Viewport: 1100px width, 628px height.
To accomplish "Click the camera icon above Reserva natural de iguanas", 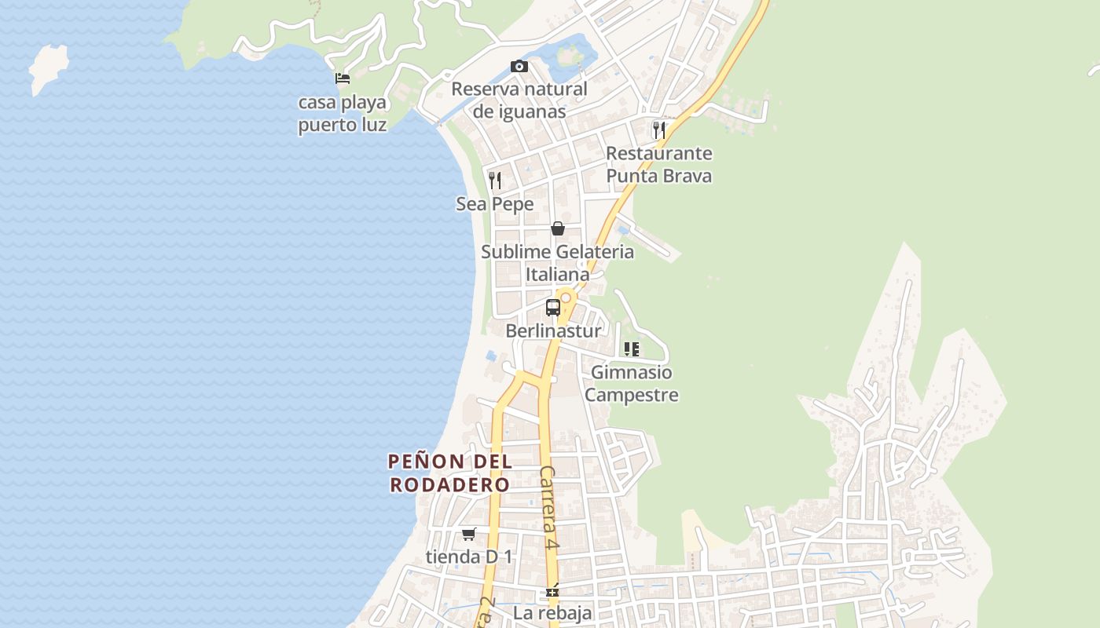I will pos(519,67).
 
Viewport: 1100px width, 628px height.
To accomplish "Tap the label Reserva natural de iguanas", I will pos(519,100).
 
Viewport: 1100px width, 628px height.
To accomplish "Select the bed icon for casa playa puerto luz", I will pos(343,78).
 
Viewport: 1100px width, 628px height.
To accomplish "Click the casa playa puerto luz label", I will pos(343,113).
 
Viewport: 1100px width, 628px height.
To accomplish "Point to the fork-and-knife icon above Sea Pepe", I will pos(495,181).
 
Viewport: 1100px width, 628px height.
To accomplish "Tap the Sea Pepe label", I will pos(495,204).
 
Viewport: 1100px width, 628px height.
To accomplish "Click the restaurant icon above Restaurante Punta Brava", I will pos(659,130).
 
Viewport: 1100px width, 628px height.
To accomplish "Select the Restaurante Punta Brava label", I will pos(659,164).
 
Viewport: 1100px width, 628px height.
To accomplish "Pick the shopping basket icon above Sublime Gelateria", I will pos(558,228).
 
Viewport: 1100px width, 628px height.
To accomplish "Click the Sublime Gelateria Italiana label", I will pos(557,263).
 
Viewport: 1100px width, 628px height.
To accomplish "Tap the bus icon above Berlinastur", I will pos(553,307).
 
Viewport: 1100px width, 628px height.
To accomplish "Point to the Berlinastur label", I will pos(553,330).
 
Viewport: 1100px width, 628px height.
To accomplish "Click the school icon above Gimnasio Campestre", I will pos(632,349).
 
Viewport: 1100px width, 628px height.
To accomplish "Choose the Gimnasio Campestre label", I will pos(632,383).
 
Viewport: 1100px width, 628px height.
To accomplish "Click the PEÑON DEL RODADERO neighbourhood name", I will pos(450,473).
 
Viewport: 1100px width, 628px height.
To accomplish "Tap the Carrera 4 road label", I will pos(549,508).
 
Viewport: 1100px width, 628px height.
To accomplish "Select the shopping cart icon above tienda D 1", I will pos(469,534).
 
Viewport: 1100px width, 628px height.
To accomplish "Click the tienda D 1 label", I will pos(469,557).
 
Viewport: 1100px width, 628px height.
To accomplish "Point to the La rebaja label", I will pos(552,612).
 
